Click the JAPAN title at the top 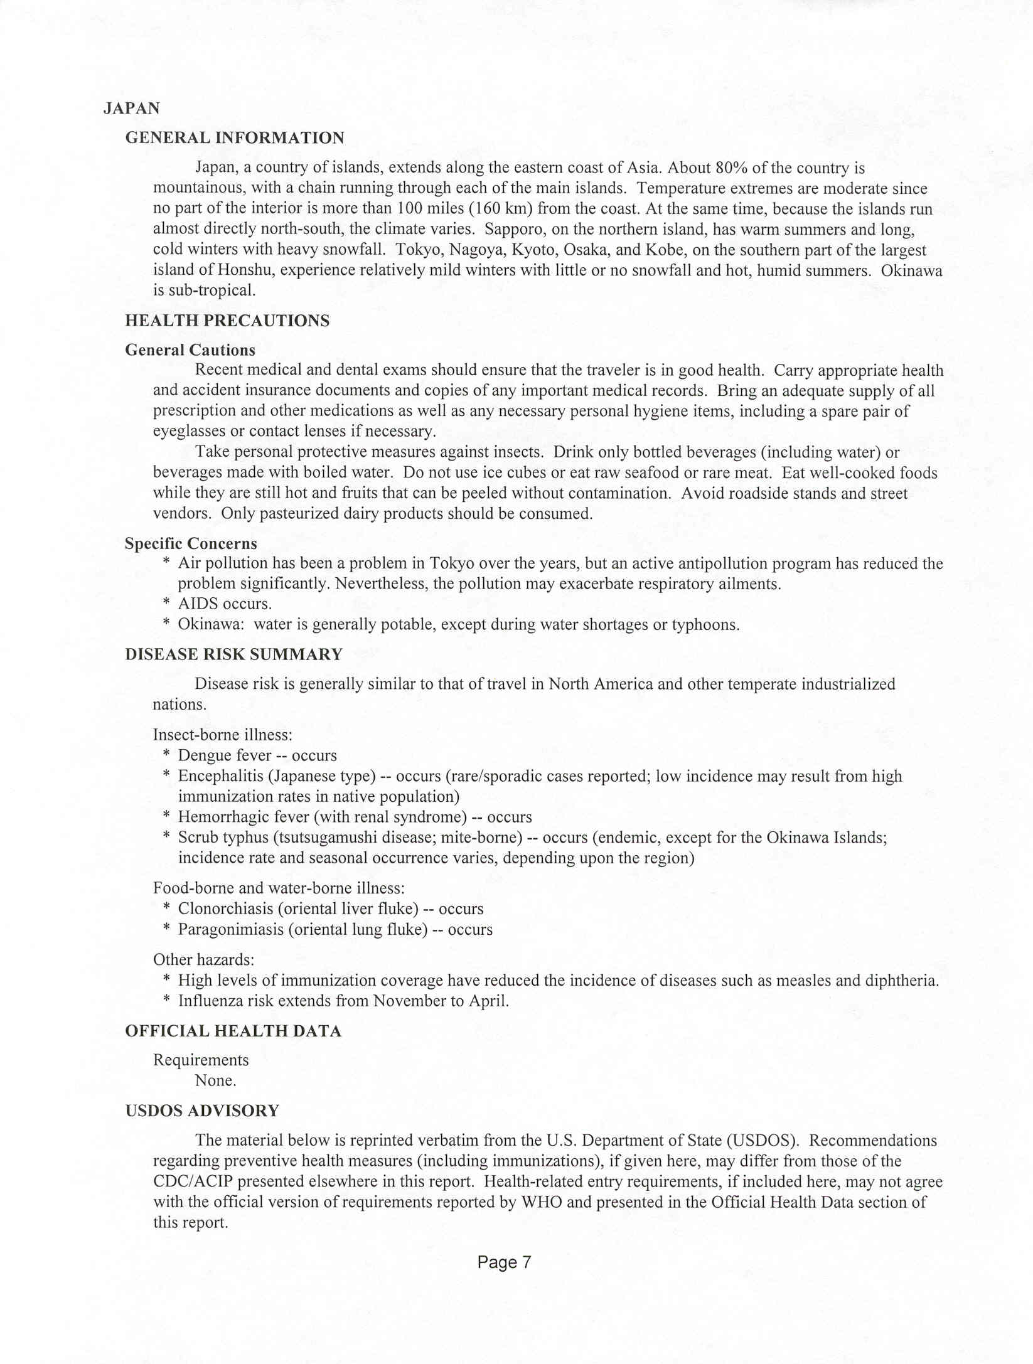tap(131, 109)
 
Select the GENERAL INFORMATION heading tap(235, 138)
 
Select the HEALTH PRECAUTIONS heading tap(227, 321)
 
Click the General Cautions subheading tap(190, 349)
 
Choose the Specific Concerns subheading tap(191, 543)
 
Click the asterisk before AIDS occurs tap(166, 604)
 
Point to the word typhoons tap(705, 625)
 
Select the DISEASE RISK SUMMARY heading tap(233, 654)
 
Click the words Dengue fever tap(225, 755)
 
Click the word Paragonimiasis tap(231, 929)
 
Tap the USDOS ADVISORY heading tap(202, 1111)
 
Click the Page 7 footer tap(504, 1262)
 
